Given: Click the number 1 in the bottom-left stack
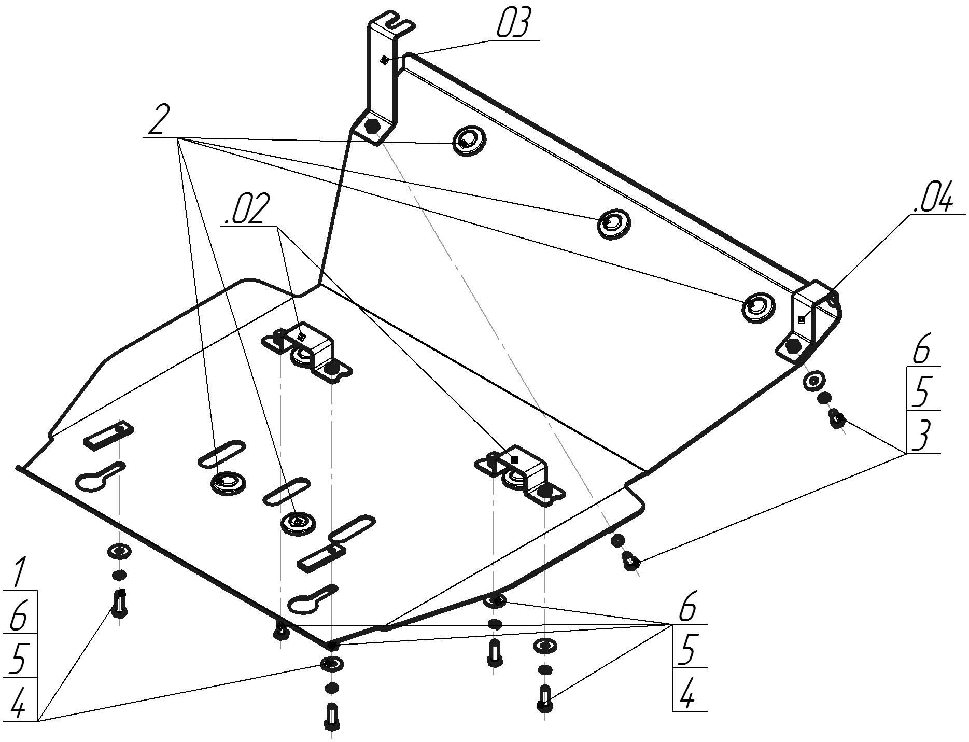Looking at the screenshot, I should point(19,572).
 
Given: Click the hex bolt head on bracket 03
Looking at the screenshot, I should point(373,125).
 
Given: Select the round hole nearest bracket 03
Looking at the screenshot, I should point(469,140).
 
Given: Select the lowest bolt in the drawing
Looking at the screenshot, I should point(331,716).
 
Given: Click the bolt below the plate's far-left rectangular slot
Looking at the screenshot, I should point(119,604).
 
